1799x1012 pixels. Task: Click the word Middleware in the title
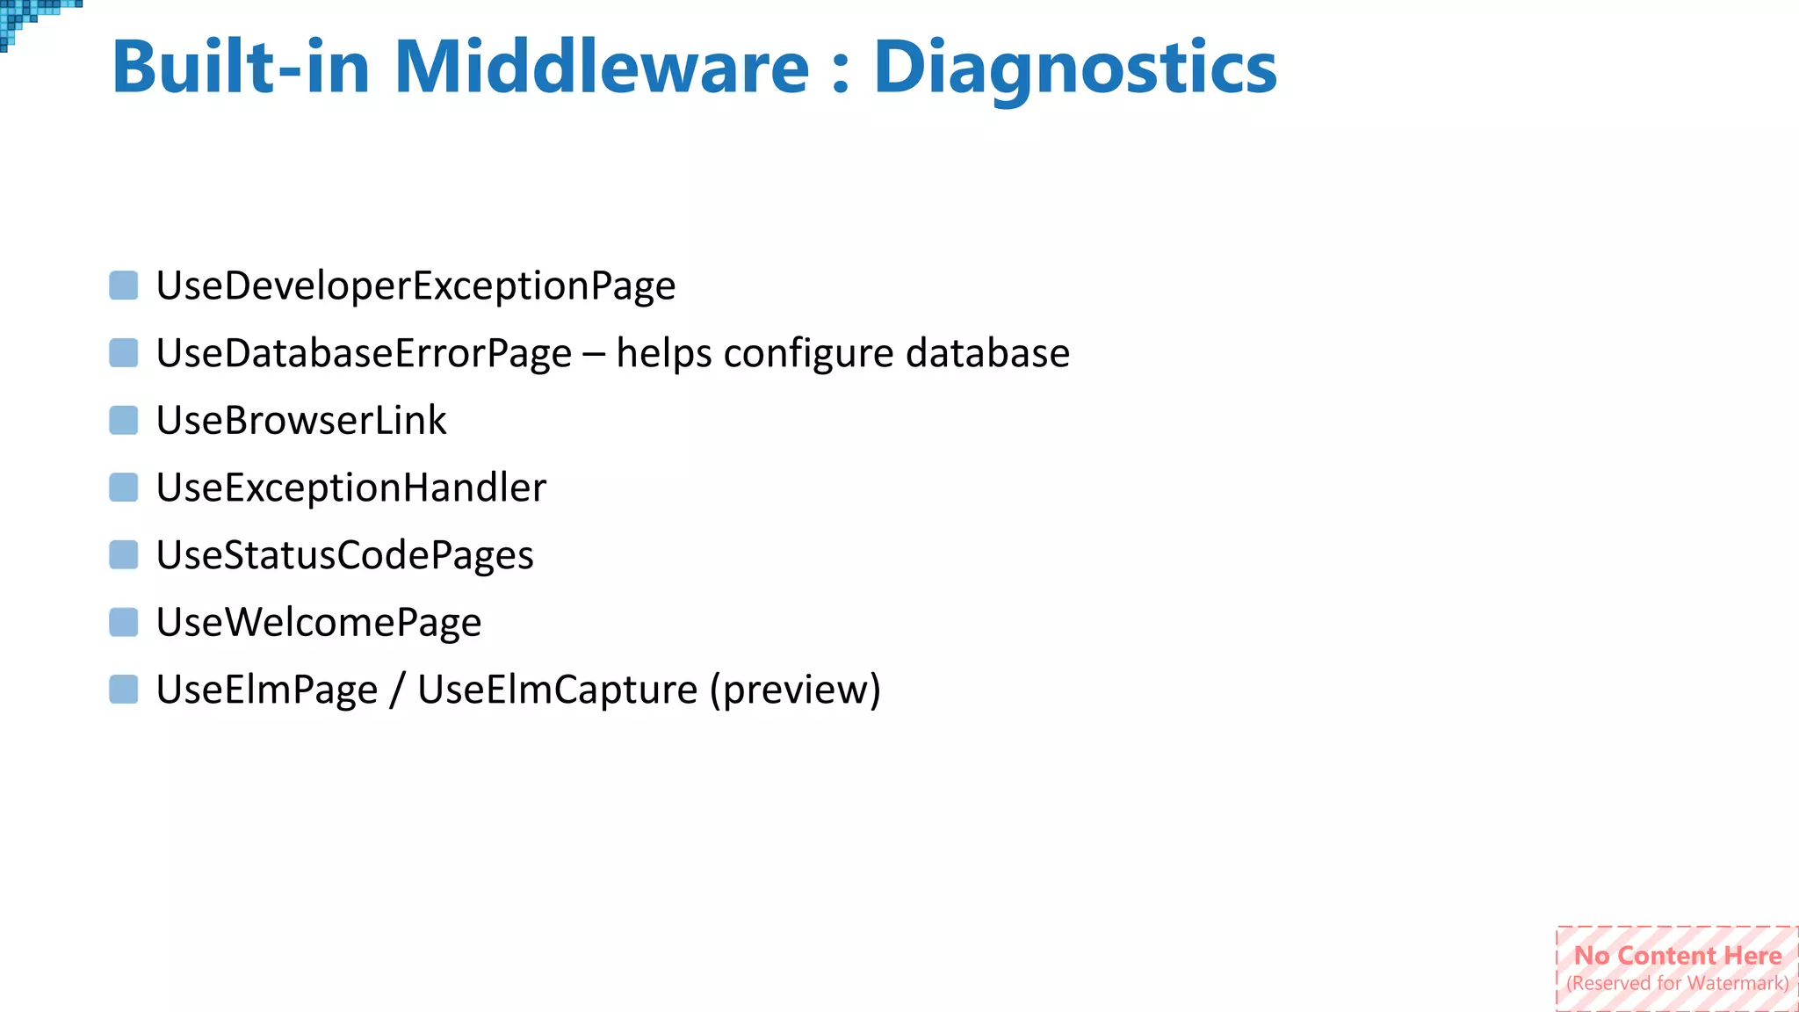[601, 68]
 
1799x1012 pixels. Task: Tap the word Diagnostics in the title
[1074, 68]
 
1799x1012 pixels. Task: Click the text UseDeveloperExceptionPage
[415, 286]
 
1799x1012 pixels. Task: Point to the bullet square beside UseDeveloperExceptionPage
[124, 286]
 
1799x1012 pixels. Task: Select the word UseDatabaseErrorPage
[364, 353]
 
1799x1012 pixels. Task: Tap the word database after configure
[987, 353]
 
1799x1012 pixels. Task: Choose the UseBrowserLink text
[301, 421]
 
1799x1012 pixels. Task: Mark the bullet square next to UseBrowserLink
[124, 421]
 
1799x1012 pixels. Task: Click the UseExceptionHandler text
[350, 488]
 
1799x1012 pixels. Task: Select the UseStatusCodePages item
[344, 555]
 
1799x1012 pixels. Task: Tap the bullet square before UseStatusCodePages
[124, 555]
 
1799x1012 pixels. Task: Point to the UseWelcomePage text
[319, 623]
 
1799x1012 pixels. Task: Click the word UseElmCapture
[557, 690]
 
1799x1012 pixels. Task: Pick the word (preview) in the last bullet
[795, 690]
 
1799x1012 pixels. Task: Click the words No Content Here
[1678, 955]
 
